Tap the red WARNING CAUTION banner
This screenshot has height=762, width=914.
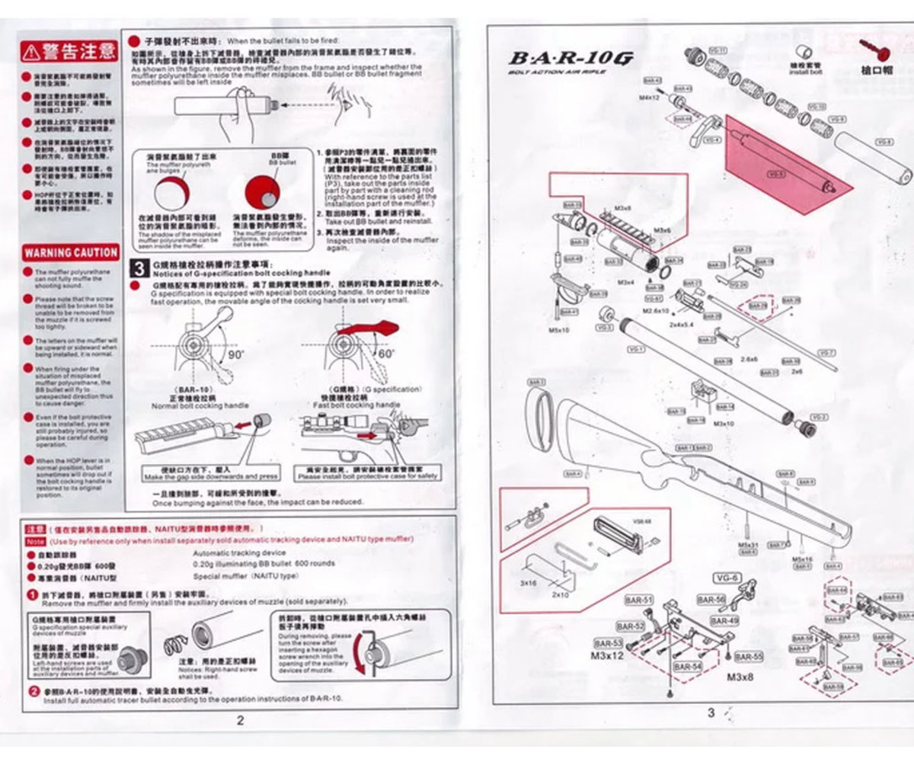70,252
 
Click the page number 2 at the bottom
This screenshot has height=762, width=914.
240,720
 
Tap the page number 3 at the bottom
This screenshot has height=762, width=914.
711,713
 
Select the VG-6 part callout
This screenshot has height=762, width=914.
727,578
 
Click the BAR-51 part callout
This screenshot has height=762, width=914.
639,600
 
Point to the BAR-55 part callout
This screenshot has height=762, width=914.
749,657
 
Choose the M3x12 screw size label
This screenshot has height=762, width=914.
607,655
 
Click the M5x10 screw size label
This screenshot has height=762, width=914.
558,330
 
